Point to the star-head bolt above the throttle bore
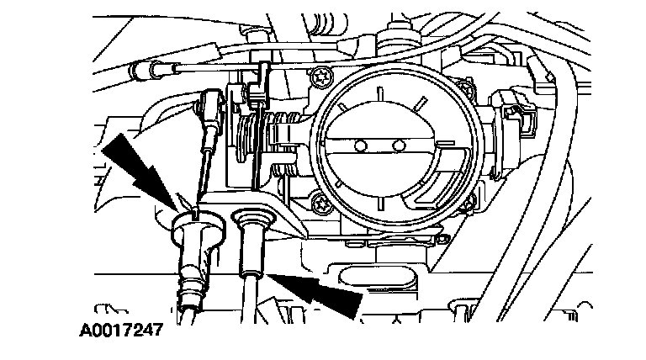point(320,78)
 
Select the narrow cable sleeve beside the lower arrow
point(252,244)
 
